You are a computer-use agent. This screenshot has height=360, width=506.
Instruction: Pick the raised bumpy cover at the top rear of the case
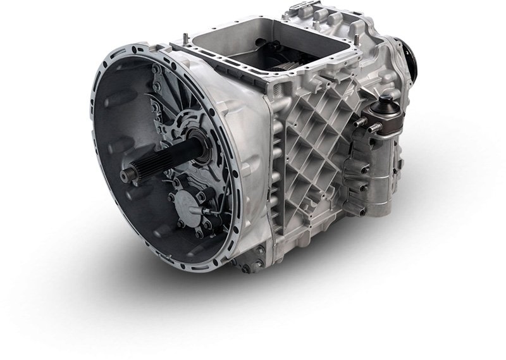329,19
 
